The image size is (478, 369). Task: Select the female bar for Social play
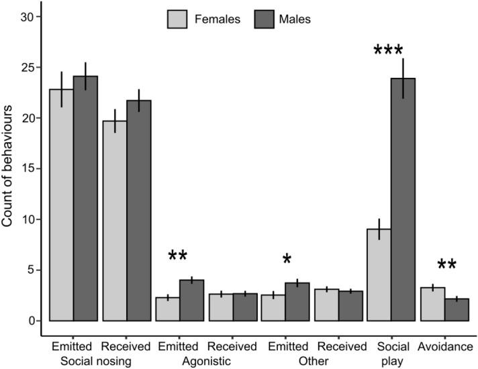click(379, 274)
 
